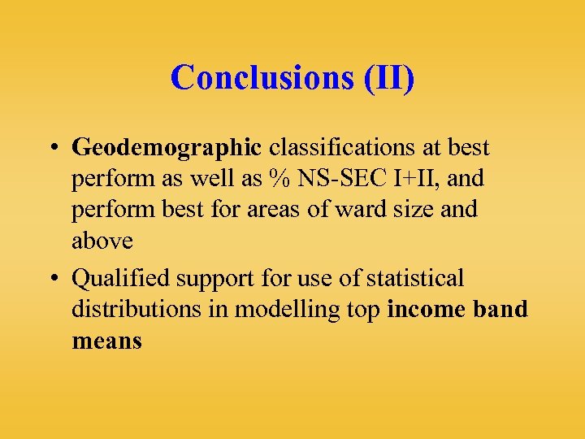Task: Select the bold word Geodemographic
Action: [x=167, y=148]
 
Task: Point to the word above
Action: [x=102, y=241]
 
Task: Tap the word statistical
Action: [x=415, y=279]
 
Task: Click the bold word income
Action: [x=426, y=310]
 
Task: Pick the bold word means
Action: [x=106, y=341]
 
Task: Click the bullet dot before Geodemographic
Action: [x=51, y=149]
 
